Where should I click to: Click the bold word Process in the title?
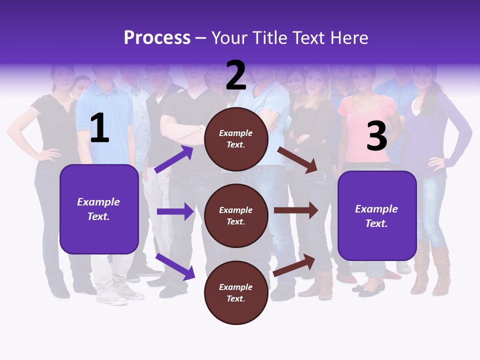[x=157, y=37]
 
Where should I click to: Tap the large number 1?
[x=99, y=128]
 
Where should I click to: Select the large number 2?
[x=236, y=75]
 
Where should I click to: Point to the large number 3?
[x=376, y=136]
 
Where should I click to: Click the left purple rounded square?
[x=99, y=209]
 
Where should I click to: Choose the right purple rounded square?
[x=377, y=215]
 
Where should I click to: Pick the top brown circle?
[x=236, y=139]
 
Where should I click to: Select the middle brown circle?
[x=236, y=215]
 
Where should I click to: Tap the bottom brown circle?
[x=236, y=292]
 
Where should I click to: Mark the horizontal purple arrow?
[x=175, y=211]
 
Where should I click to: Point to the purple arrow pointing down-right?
[x=175, y=266]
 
